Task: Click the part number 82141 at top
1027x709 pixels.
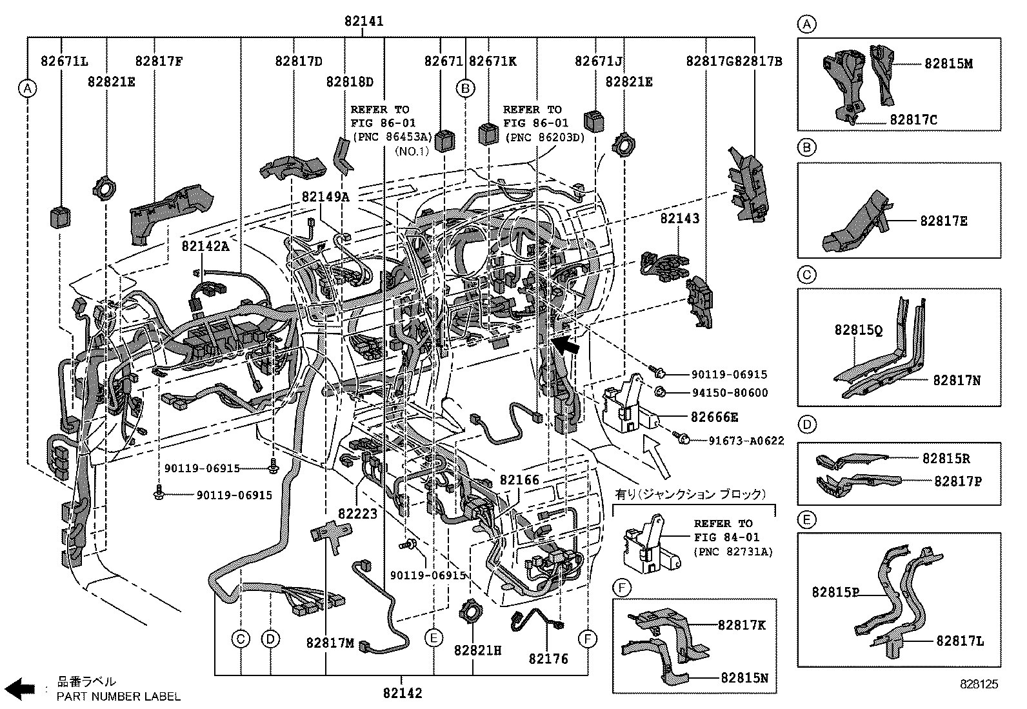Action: [x=363, y=21]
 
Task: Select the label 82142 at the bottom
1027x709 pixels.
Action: [x=403, y=693]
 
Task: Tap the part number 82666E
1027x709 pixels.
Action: [x=714, y=417]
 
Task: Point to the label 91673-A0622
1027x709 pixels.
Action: [x=746, y=441]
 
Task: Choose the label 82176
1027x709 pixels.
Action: [x=548, y=659]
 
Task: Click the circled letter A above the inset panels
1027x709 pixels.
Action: [x=806, y=25]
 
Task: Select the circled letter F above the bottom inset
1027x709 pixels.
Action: [x=621, y=588]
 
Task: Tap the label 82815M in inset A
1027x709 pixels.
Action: [x=948, y=63]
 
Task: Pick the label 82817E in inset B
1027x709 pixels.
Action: [x=944, y=221]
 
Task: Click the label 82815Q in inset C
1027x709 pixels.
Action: [x=858, y=330]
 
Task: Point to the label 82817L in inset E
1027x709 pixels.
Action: [x=960, y=641]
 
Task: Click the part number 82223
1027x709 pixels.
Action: [x=357, y=514]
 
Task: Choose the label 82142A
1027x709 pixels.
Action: [x=205, y=246]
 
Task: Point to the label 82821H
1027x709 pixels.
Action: [x=477, y=650]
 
